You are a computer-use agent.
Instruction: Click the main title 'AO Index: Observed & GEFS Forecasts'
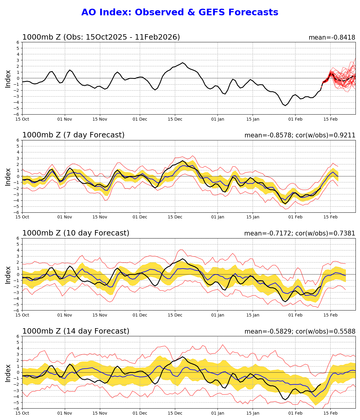tap(180, 12)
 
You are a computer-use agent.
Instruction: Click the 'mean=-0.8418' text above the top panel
tap(332, 37)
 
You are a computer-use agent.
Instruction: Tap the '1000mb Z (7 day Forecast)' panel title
tap(73, 135)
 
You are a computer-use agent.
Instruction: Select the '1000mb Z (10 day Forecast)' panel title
tap(76, 233)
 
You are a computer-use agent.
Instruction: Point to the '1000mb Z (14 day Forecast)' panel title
tap(76, 331)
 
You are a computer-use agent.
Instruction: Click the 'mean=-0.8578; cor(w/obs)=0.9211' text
tap(300, 135)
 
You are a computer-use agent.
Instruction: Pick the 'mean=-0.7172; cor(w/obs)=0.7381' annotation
tap(300, 233)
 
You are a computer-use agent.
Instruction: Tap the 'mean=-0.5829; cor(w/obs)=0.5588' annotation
tap(300, 331)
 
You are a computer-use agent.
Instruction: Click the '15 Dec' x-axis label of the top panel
tap(175, 119)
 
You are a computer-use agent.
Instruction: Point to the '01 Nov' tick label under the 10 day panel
tap(65, 315)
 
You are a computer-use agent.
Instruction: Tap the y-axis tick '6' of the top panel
tap(18, 42)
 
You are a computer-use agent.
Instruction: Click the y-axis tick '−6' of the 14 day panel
tap(17, 408)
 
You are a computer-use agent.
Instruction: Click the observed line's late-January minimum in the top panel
tap(285, 106)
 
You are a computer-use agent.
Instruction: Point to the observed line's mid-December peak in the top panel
tap(182, 63)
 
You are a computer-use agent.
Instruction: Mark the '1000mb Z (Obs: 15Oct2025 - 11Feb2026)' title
tap(101, 37)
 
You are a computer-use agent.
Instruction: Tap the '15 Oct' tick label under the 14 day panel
tap(22, 413)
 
